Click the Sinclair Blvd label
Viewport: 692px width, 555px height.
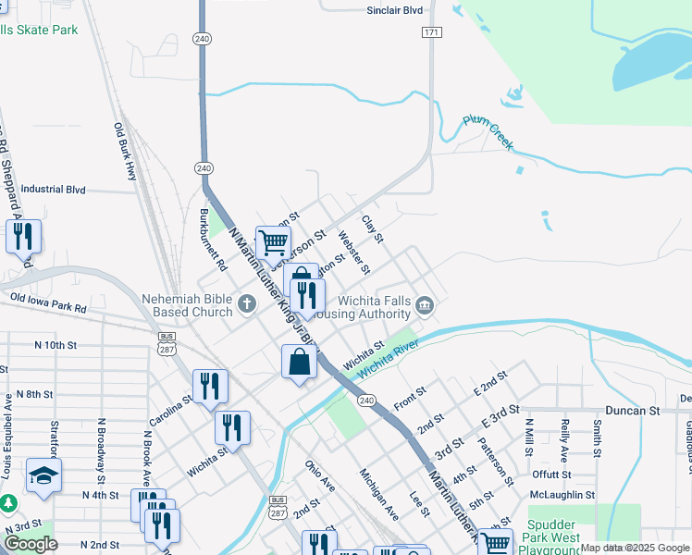[x=394, y=10]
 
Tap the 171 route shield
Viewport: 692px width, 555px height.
[x=431, y=32]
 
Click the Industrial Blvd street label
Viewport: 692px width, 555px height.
[x=53, y=190]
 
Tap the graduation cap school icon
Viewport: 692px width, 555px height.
[x=43, y=475]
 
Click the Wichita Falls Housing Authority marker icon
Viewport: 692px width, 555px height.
[x=425, y=306]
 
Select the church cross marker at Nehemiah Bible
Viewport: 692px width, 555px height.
[x=246, y=302]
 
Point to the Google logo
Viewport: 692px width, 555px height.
[x=31, y=544]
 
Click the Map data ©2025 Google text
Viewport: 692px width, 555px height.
[x=635, y=548]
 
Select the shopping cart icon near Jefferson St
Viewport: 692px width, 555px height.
[x=274, y=242]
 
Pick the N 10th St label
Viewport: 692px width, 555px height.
[x=55, y=344]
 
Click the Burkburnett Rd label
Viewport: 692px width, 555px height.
[x=214, y=239]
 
